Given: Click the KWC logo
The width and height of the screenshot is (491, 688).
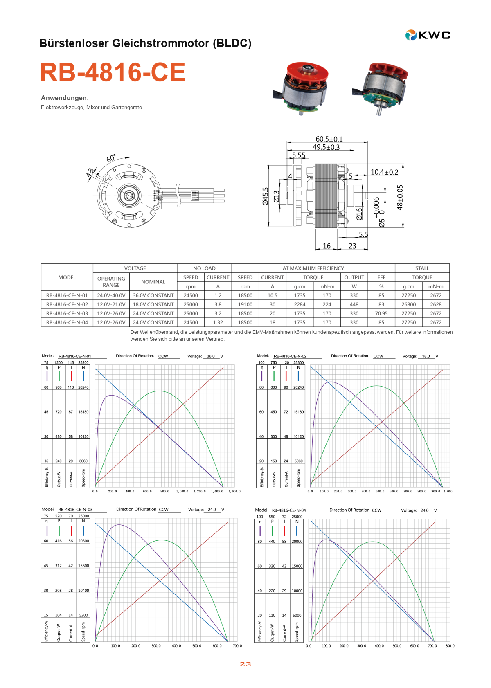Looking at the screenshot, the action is [x=428, y=35].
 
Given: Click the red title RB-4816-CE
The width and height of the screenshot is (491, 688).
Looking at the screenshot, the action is [x=113, y=72].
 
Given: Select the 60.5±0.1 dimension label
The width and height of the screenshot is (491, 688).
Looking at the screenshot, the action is [x=329, y=139].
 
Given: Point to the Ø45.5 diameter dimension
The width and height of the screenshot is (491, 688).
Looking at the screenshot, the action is [x=265, y=196].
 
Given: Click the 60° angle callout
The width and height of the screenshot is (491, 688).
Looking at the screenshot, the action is [x=111, y=158].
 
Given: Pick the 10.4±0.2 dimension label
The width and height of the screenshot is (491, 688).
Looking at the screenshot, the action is [x=384, y=172].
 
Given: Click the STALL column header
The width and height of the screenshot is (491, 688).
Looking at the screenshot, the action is [x=422, y=268].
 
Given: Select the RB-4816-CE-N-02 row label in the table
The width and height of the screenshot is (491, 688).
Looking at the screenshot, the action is [x=67, y=304].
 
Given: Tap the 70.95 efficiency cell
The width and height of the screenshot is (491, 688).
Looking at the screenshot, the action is [x=381, y=313].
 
